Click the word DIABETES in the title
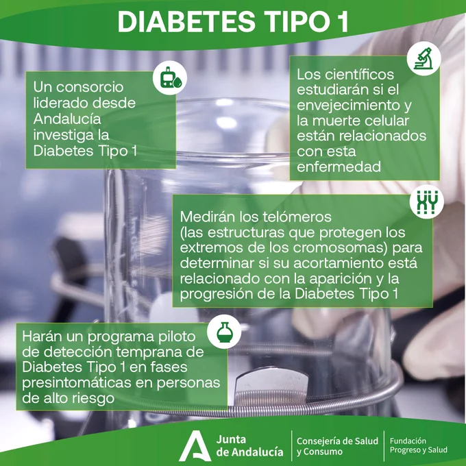186,22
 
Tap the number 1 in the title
343,22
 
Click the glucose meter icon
170,78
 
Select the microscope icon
424,58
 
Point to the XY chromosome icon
427,201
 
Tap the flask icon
224,332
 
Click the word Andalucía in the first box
67,119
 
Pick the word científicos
359,74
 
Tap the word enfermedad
339,167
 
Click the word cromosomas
341,247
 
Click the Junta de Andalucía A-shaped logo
195,446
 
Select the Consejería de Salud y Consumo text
337,446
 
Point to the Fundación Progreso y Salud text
419,445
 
